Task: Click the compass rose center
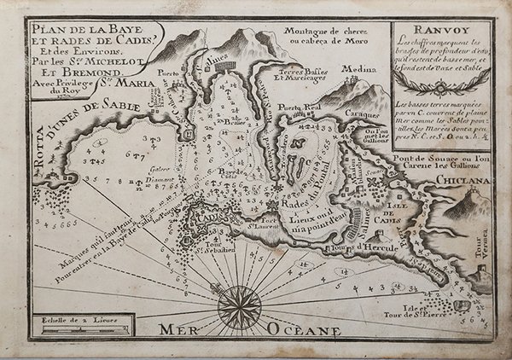click(x=236, y=305)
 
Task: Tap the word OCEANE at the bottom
click(x=305, y=328)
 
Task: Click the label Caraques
click(x=361, y=112)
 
